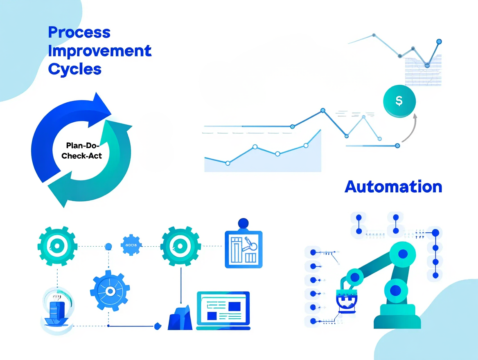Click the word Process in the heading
coord(79,32)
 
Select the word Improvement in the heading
coord(100,51)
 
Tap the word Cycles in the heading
coord(74,69)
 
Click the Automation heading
coord(393,187)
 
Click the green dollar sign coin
coord(399,101)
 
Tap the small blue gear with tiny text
coord(131,245)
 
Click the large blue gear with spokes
coord(110,290)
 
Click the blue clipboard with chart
coord(244,250)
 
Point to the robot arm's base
coord(397,317)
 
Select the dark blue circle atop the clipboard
coord(243,223)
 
